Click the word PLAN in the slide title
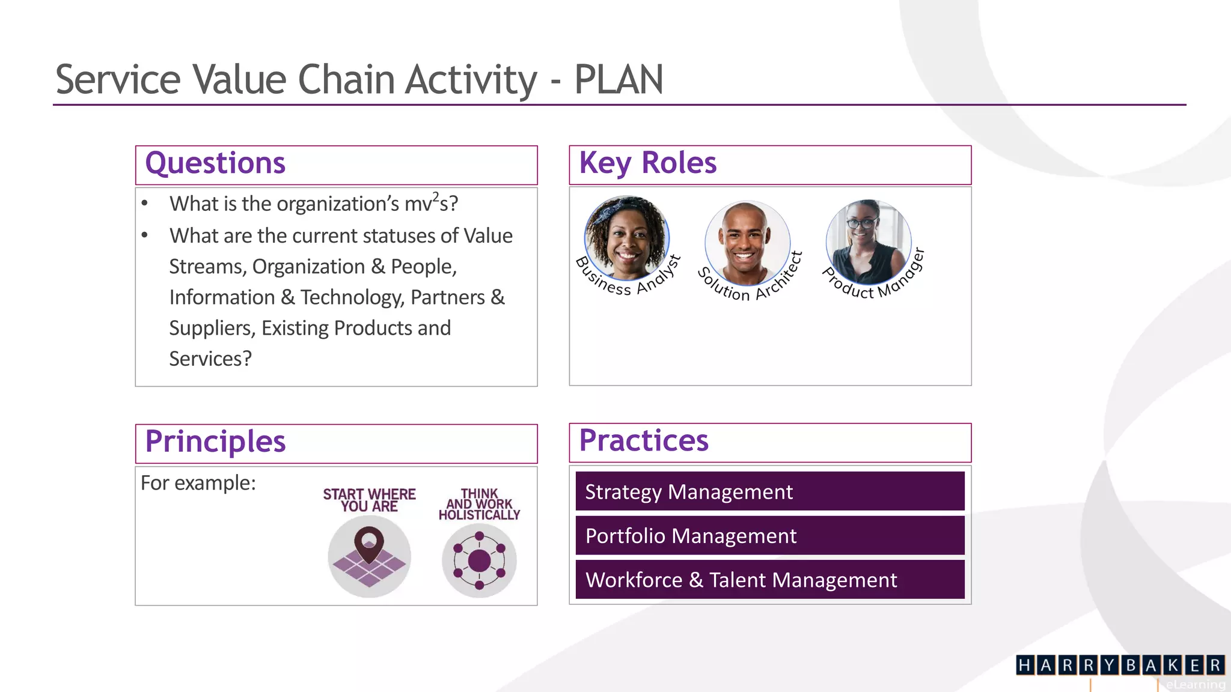(x=618, y=79)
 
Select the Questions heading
(x=215, y=163)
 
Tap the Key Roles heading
(x=647, y=163)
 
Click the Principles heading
(x=215, y=442)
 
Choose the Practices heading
(x=644, y=440)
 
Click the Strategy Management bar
(x=770, y=491)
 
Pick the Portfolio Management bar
(x=770, y=535)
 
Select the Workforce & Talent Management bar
(x=770, y=580)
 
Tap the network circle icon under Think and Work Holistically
(x=479, y=560)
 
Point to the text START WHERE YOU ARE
(x=369, y=500)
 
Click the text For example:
(x=198, y=483)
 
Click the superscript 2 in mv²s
(x=436, y=197)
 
